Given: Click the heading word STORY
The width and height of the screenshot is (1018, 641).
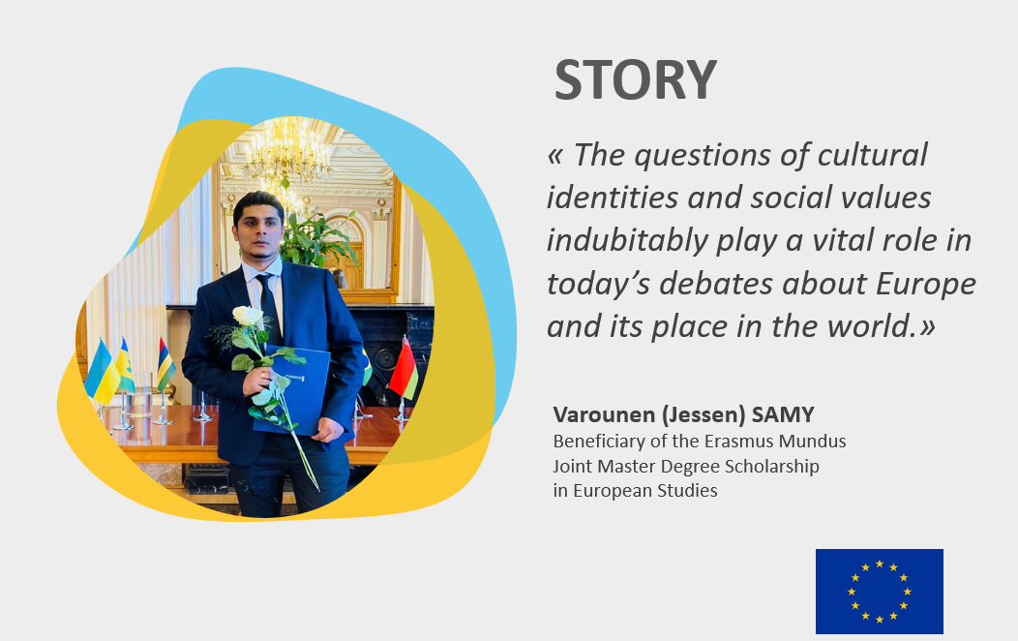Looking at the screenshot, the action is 635,79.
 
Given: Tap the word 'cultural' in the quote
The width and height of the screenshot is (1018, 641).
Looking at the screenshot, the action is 872,155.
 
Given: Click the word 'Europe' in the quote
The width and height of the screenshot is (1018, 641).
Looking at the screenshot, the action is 926,285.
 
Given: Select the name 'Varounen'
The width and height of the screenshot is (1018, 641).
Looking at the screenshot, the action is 601,414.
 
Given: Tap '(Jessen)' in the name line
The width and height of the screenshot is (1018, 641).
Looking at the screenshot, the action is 700,415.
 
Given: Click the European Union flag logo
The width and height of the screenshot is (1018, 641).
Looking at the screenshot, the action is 879,591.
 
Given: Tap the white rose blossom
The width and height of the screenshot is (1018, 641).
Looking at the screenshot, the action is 247,317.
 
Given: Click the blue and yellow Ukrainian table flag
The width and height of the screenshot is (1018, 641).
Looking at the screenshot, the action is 102,374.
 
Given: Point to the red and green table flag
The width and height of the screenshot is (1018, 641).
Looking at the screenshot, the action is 404,370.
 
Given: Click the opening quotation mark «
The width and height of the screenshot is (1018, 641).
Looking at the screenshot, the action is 555,156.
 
